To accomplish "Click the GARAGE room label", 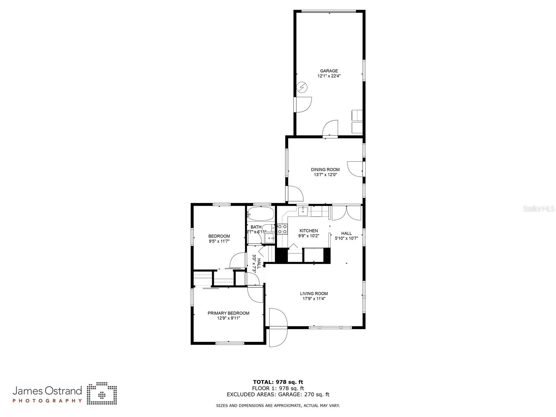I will [329, 71].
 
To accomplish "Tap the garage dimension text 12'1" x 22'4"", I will [329, 76].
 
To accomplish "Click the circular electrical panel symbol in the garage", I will [302, 87].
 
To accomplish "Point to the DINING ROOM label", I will [325, 170].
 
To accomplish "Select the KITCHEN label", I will [309, 231].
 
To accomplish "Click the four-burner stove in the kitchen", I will [282, 229].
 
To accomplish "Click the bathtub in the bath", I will [260, 213].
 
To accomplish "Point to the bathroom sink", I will [269, 238].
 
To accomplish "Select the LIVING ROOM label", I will [314, 294].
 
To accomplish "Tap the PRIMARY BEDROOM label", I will [228, 313].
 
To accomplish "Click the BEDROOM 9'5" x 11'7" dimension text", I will [219, 241].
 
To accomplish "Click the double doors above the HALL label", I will [346, 213].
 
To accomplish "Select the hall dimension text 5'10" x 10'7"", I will [346, 238].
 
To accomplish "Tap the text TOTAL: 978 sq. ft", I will [278, 382].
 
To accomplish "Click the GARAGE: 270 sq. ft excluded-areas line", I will [278, 394].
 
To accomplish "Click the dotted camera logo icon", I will [102, 394].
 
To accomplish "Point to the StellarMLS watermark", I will [539, 209].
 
